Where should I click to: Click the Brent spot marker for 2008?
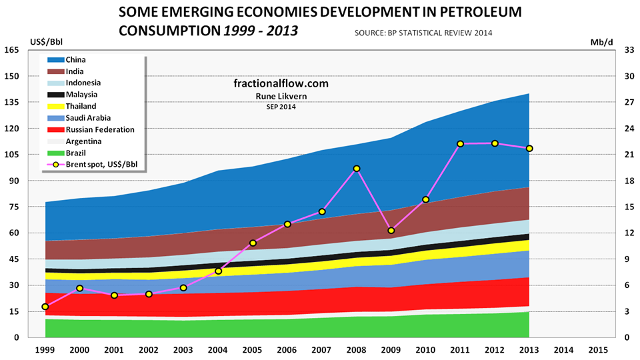357,169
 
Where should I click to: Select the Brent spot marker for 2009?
391,231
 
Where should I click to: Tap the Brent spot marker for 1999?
45,307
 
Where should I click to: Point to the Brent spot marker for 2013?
529,148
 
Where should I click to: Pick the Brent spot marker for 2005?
253,243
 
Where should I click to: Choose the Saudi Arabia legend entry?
93,118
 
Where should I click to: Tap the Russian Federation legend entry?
100,129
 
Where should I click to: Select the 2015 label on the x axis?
598,350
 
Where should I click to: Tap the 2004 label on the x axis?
218,350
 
